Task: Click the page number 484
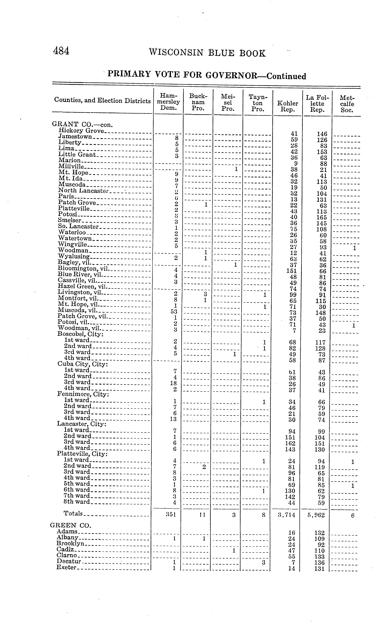[61, 51]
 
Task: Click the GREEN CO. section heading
[71, 525]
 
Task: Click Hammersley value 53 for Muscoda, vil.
[174, 312]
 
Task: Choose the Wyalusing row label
[74, 256]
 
